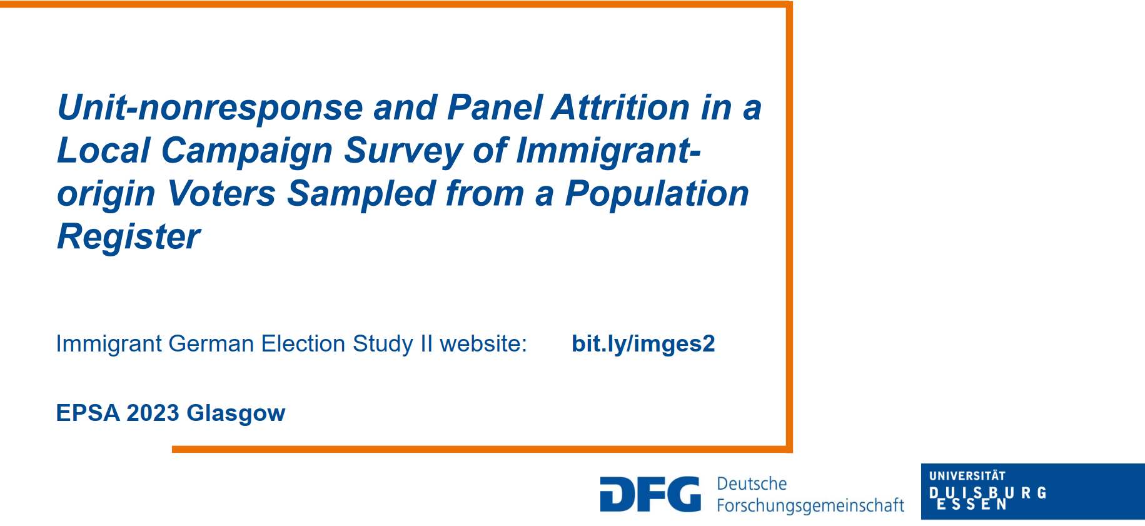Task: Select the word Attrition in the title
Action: click(x=620, y=107)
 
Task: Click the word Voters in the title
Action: click(x=221, y=193)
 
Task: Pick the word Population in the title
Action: click(x=657, y=195)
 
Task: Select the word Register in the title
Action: click(x=129, y=238)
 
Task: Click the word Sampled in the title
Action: click(x=360, y=195)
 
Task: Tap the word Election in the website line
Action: click(x=306, y=344)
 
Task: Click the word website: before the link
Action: click(x=483, y=344)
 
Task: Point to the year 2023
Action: click(x=153, y=413)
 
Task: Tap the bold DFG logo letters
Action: click(x=650, y=494)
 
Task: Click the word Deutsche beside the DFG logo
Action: click(x=752, y=483)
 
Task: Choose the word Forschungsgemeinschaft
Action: click(x=810, y=505)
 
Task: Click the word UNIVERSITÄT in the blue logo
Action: click(x=967, y=476)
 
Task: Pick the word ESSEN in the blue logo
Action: click(x=972, y=505)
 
